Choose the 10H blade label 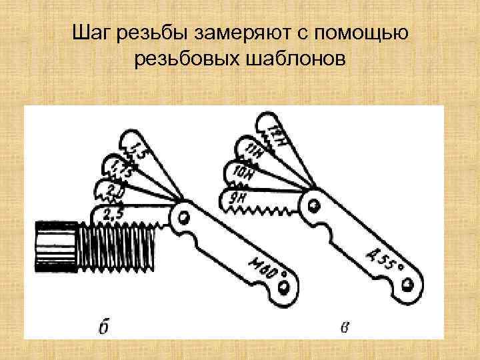click(x=244, y=173)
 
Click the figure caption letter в click(x=343, y=326)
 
